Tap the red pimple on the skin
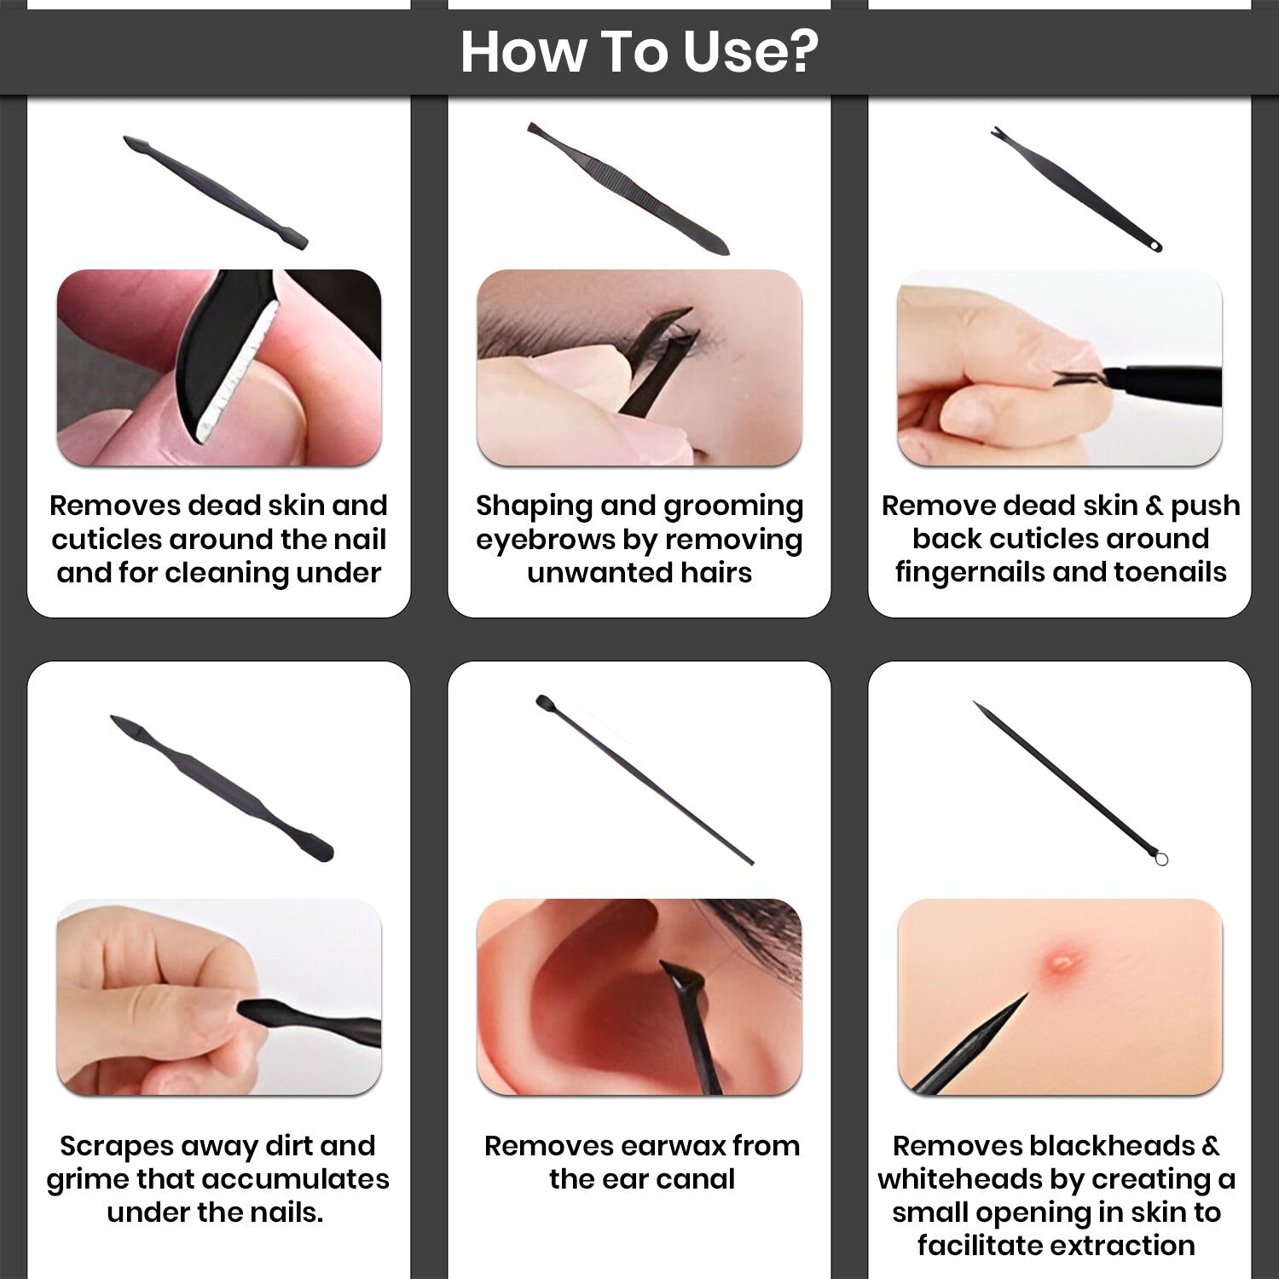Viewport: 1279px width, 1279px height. tap(1062, 964)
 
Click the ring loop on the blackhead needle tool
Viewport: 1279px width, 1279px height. tap(1160, 859)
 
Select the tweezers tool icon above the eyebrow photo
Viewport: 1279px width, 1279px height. tap(628, 188)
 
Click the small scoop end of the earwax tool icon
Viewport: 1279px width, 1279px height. tap(542, 702)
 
